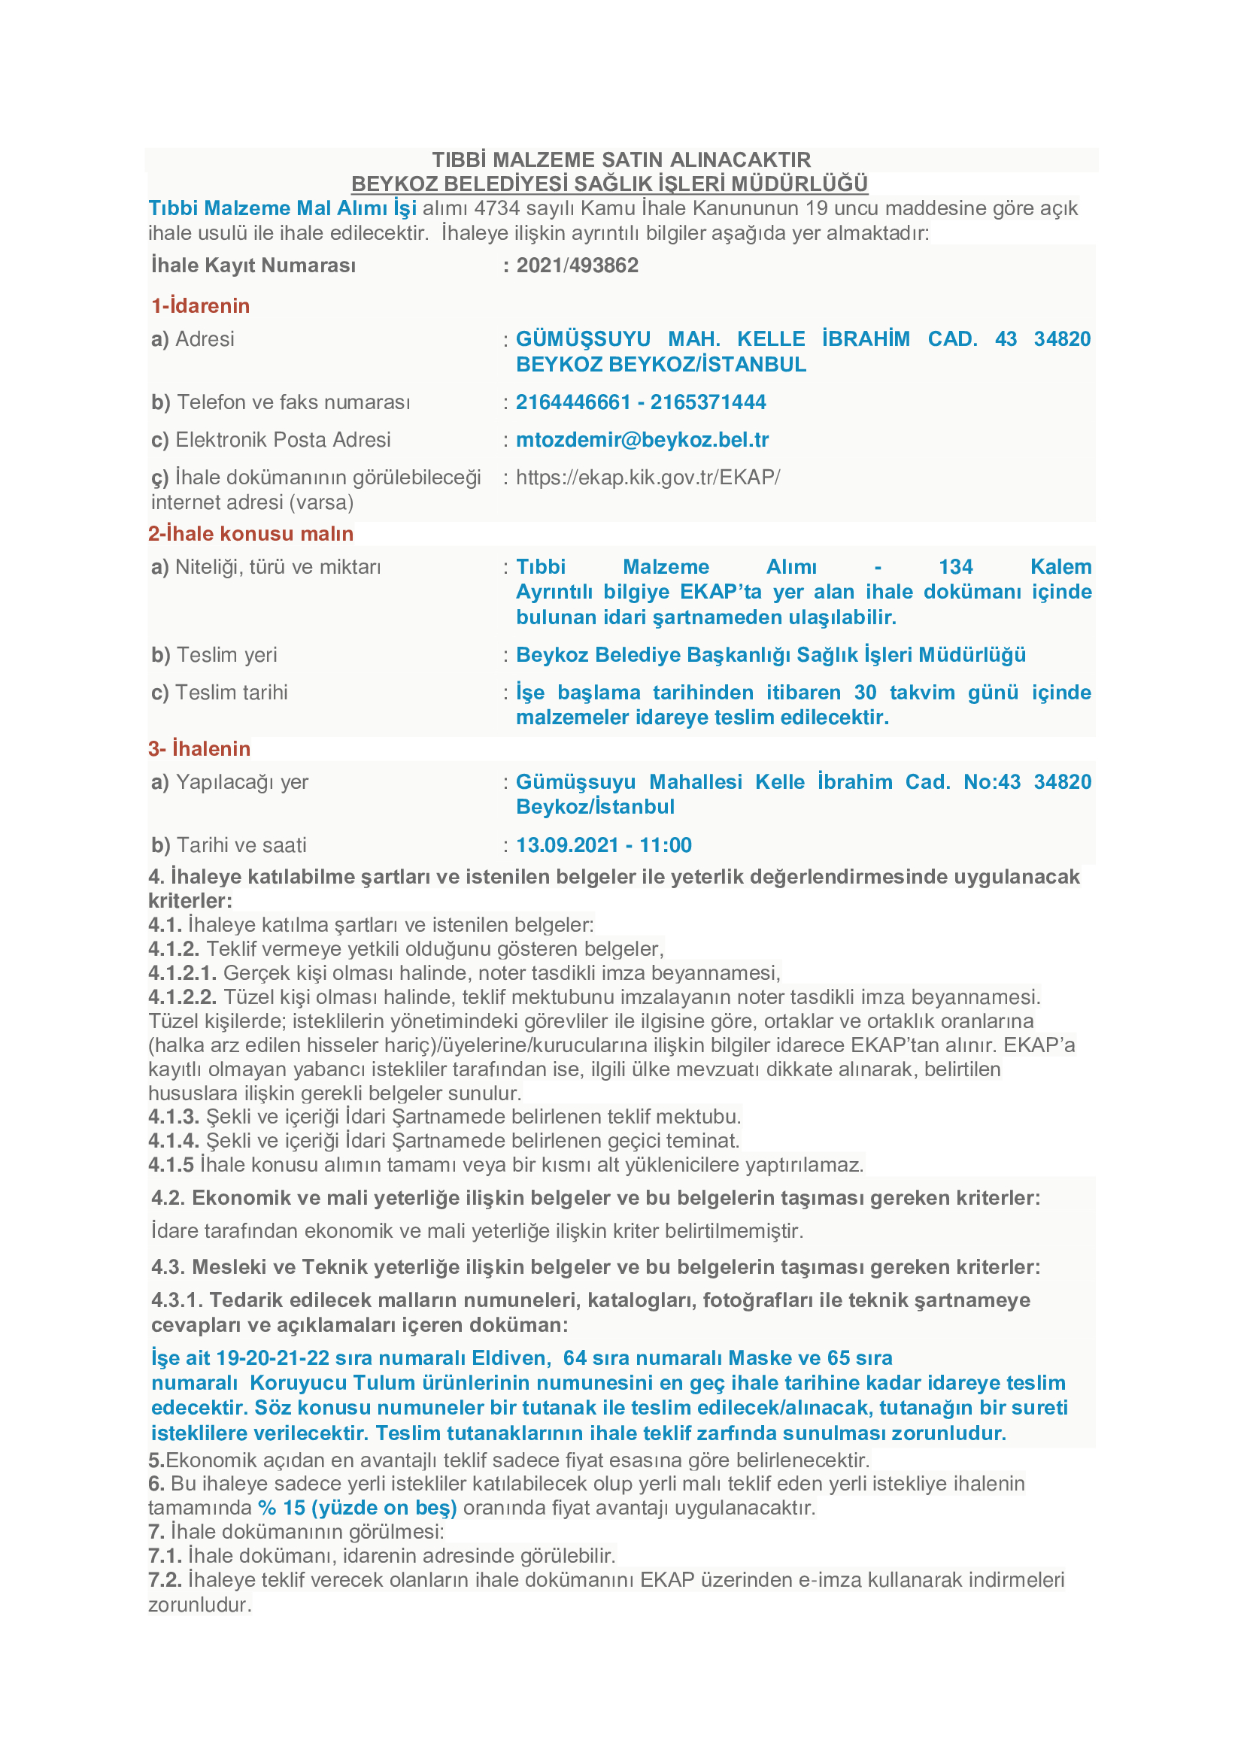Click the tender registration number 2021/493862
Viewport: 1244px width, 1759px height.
tap(577, 265)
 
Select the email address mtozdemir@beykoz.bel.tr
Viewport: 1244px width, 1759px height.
tap(642, 440)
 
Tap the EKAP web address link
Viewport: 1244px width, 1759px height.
tap(648, 478)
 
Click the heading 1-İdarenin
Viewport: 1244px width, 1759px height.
tap(201, 305)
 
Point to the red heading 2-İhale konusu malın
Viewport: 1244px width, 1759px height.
tap(250, 533)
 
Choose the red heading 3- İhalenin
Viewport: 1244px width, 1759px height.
tap(199, 748)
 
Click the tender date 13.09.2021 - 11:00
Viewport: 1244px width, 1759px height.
tap(604, 845)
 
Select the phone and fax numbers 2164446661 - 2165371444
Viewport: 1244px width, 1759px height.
tap(640, 402)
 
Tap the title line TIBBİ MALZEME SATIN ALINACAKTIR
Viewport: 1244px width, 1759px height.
tap(621, 159)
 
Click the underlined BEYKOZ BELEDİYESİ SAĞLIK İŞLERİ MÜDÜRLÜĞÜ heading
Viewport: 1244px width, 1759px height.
tap(609, 183)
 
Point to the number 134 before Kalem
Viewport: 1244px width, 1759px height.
tap(955, 567)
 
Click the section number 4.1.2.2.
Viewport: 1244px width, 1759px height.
tap(182, 996)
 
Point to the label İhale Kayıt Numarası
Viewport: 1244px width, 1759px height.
tap(253, 265)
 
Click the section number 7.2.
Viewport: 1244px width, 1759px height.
tap(165, 1580)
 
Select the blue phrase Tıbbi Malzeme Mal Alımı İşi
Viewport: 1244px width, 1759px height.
tap(283, 208)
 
